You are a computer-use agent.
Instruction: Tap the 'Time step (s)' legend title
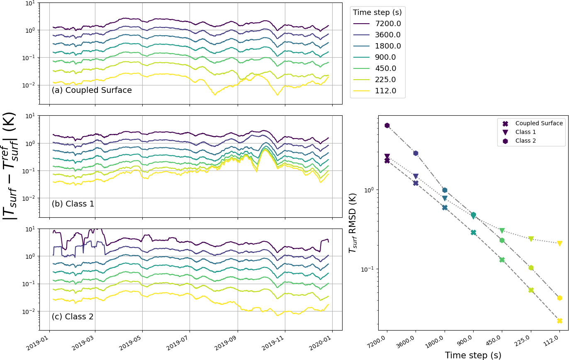(x=377, y=12)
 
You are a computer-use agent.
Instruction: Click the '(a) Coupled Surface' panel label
(x=92, y=90)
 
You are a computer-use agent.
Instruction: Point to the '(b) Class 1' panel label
(x=73, y=204)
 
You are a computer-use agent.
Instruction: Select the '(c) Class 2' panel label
(x=73, y=317)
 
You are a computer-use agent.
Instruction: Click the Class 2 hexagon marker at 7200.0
(x=387, y=125)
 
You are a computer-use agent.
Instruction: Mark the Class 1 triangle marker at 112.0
(x=559, y=243)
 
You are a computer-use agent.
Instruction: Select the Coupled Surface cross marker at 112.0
(x=559, y=321)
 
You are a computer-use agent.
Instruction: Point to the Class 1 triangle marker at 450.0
(x=502, y=231)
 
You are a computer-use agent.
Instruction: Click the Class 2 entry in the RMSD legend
(x=525, y=141)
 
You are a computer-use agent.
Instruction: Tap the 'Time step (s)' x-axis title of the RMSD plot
(x=473, y=355)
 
